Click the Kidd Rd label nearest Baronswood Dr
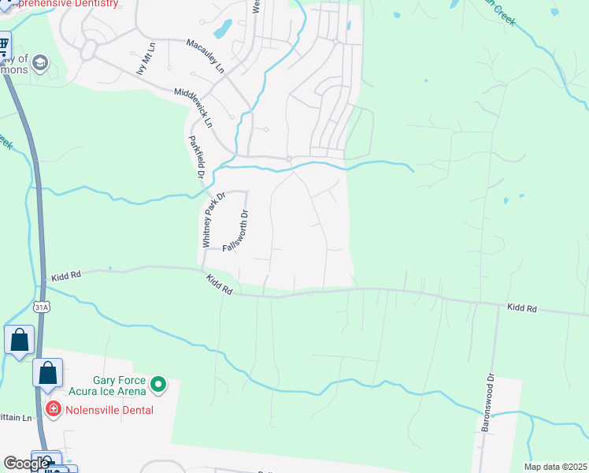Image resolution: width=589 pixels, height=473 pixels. pyautogui.click(x=521, y=307)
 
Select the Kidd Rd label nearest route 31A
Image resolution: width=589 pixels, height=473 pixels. pyautogui.click(x=67, y=277)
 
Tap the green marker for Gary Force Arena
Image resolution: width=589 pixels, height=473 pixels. pyautogui.click(x=158, y=385)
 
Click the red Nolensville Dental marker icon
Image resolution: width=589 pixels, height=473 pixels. pyautogui.click(x=53, y=408)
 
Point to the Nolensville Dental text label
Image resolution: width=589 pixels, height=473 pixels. pyautogui.click(x=109, y=410)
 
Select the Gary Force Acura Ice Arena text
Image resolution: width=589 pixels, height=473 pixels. pyautogui.click(x=120, y=385)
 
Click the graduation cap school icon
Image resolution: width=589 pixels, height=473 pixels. pyautogui.click(x=41, y=62)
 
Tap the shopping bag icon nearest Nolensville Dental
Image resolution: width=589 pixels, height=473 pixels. pyautogui.click(x=47, y=372)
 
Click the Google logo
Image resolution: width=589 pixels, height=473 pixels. pyautogui.click(x=26, y=464)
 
